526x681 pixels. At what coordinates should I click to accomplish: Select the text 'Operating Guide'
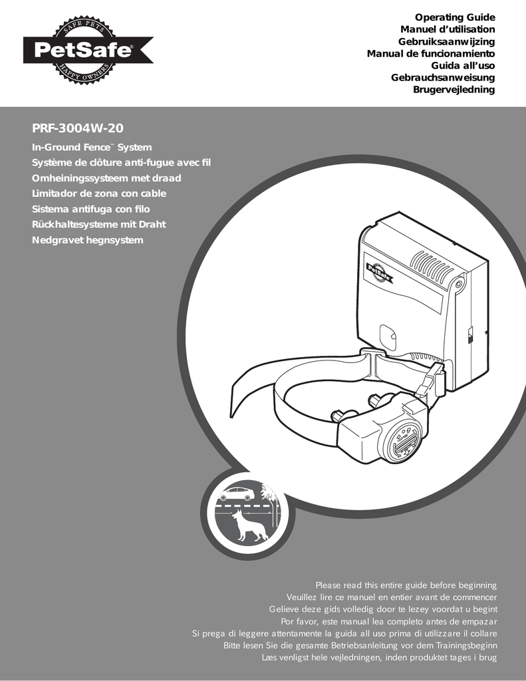455,17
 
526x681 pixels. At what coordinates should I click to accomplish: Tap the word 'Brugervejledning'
454,89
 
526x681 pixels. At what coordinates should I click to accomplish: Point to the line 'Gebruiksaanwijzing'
447,41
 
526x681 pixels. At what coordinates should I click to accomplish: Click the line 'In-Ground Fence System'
92,147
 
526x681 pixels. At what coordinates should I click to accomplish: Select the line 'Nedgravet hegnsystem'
88,239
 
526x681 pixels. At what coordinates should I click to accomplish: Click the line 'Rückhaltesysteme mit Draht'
99,224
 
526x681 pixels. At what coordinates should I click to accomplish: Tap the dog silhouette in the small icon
247,527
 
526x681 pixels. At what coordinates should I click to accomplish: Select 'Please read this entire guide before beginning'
406,585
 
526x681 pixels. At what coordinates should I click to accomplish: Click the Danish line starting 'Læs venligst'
380,658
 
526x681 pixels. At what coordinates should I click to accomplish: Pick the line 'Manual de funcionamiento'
431,53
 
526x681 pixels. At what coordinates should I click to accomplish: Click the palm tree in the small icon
270,494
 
